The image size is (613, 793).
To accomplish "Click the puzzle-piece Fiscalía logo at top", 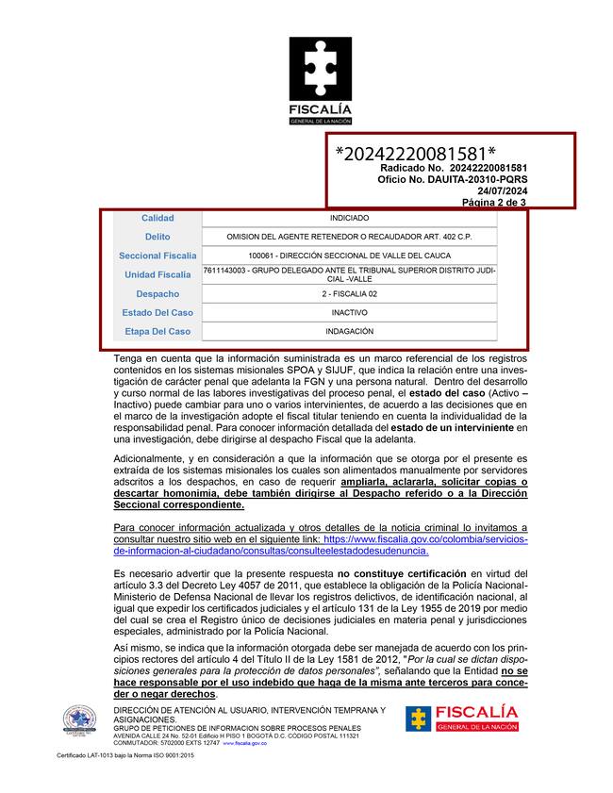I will (320, 81).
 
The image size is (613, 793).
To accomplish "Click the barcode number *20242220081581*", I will (416, 154).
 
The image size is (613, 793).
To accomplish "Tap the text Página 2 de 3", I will (494, 203).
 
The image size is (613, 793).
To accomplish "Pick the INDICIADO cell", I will (350, 218).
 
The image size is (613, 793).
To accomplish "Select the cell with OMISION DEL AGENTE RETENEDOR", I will (350, 237).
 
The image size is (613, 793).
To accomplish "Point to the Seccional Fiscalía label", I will (157, 256).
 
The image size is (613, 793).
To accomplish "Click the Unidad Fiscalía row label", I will (157, 274).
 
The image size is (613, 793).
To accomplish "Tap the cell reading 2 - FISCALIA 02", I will (350, 293).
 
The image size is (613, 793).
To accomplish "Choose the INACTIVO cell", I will (350, 312).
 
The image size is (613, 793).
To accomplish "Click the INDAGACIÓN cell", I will (350, 331).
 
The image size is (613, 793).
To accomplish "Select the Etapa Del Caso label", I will (157, 331).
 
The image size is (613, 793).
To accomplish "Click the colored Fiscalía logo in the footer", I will (461, 719).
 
